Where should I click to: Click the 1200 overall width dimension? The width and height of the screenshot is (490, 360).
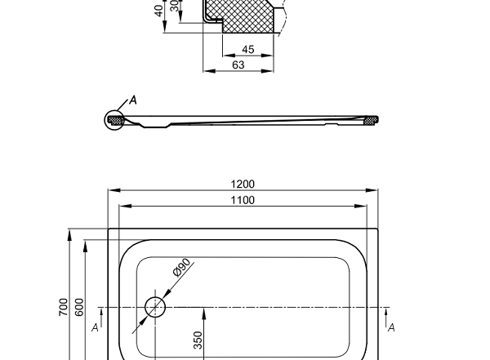tap(243, 184)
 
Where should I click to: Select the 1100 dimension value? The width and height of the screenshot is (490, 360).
tap(243, 200)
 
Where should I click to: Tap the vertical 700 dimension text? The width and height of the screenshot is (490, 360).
tap(64, 307)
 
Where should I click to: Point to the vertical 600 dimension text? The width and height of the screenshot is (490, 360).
tap(79, 307)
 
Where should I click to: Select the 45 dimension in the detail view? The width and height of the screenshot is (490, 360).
tap(248, 50)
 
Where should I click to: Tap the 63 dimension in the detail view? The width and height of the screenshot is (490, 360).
tap(238, 64)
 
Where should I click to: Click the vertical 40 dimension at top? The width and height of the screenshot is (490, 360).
tap(158, 10)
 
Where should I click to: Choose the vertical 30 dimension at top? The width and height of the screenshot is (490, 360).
tap(174, 7)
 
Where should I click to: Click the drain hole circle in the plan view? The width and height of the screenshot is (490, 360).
tap(154, 307)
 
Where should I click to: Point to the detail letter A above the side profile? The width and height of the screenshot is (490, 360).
tap(134, 100)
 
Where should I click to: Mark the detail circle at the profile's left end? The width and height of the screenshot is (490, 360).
tap(113, 120)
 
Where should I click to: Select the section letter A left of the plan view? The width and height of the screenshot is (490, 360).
tap(96, 327)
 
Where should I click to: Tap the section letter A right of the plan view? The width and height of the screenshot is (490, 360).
tap(391, 327)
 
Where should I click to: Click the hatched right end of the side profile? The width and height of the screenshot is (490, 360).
tap(372, 120)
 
